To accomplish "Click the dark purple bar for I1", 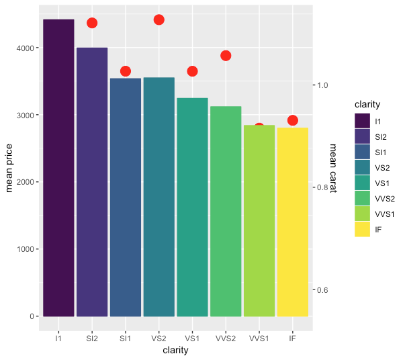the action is click(58, 168).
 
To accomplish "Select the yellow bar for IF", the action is click(293, 222).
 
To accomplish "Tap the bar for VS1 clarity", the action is click(193, 207).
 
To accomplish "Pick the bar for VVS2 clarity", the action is click(226, 212).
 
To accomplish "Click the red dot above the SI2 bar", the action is click(92, 23).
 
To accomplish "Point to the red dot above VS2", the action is click(159, 19).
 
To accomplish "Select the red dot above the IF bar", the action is click(293, 120).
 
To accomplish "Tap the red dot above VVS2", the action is click(226, 56).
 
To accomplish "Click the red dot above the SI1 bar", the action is click(126, 71).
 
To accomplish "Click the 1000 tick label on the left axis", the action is click(26, 249).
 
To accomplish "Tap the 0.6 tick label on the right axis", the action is click(322, 290).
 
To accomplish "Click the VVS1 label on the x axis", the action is click(259, 339).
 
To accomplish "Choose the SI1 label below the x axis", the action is click(126, 339).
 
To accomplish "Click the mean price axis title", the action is click(9, 168).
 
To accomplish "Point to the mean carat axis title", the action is click(333, 168).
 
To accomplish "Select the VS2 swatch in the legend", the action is click(363, 167).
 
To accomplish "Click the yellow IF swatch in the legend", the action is click(363, 229).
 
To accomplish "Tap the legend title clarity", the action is click(367, 104).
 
